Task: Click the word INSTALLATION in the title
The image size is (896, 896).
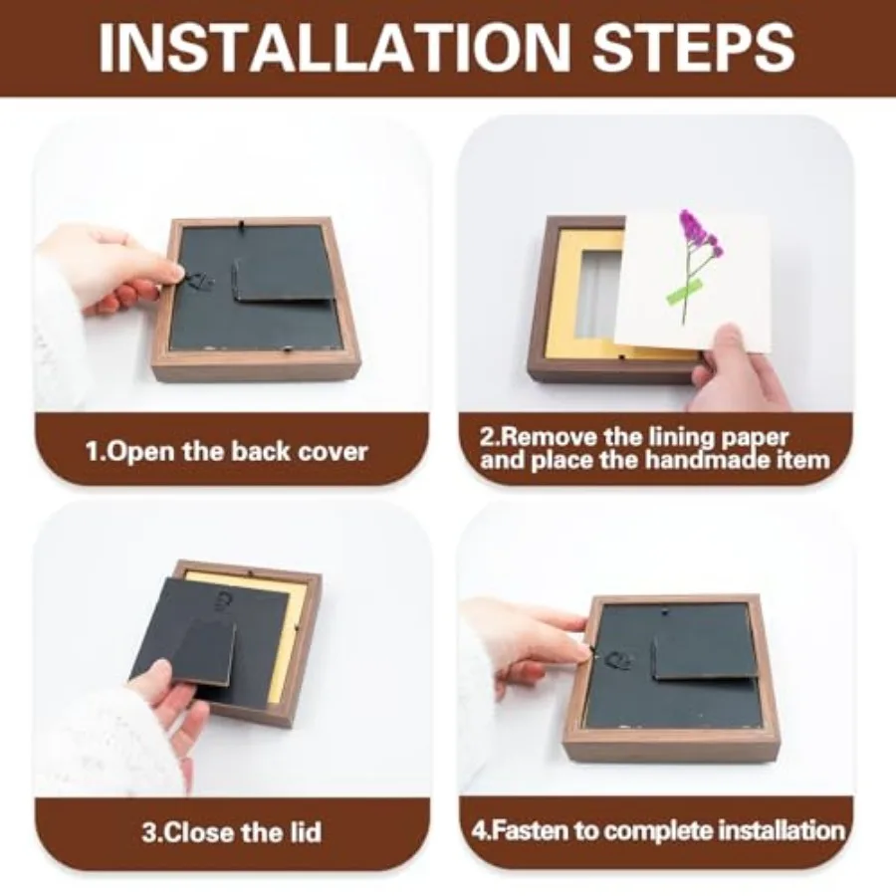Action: click(x=335, y=47)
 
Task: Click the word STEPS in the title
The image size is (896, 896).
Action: click(x=694, y=47)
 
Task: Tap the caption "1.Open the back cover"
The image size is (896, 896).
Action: click(x=227, y=451)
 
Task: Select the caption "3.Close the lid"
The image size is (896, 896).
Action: click(x=231, y=832)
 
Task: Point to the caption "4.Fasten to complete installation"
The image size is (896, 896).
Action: click(x=658, y=829)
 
